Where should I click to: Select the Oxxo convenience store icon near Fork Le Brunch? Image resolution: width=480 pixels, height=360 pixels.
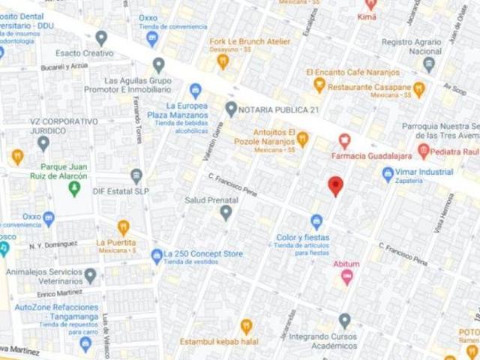153,37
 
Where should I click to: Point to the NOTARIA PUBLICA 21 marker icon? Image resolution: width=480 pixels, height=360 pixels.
231,108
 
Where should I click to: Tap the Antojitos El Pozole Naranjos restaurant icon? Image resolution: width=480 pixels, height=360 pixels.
302,138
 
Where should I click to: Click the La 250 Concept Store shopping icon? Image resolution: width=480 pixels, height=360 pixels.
156,255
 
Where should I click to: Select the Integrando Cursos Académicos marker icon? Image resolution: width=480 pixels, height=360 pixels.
343,321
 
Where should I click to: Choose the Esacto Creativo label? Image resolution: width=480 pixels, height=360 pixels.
88,53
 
